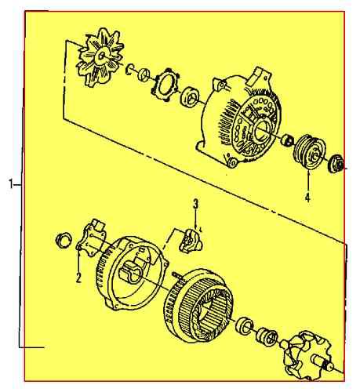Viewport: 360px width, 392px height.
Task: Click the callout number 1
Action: (x=11, y=184)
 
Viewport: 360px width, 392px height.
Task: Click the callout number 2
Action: (x=78, y=278)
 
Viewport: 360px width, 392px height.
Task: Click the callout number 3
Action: (x=196, y=205)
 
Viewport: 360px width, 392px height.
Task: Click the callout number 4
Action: (x=307, y=198)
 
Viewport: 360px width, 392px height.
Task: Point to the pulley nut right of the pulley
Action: (x=338, y=164)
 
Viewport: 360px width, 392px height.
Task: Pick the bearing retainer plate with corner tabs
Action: (x=167, y=85)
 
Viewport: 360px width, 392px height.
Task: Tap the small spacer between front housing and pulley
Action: (x=287, y=142)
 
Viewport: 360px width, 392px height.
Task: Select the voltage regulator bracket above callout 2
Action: (x=93, y=239)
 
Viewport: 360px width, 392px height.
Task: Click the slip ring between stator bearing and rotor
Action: (x=267, y=337)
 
